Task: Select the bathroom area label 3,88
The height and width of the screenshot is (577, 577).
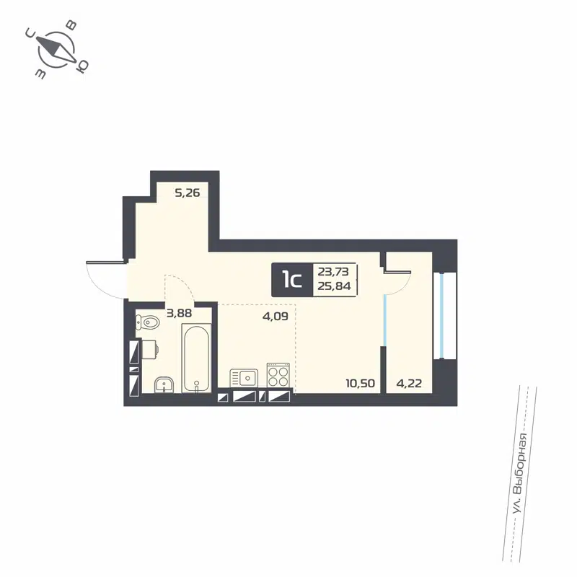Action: tap(180, 313)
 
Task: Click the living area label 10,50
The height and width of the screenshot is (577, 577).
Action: tap(361, 383)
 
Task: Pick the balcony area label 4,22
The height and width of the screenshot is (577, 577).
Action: tap(408, 383)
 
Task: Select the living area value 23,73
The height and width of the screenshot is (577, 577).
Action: tap(333, 272)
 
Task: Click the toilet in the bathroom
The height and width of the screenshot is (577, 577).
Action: tap(149, 322)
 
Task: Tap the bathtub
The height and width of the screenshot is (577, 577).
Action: tap(196, 358)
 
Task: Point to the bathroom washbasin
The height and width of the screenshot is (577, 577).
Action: tap(165, 384)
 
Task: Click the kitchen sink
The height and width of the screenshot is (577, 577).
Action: tap(245, 376)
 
